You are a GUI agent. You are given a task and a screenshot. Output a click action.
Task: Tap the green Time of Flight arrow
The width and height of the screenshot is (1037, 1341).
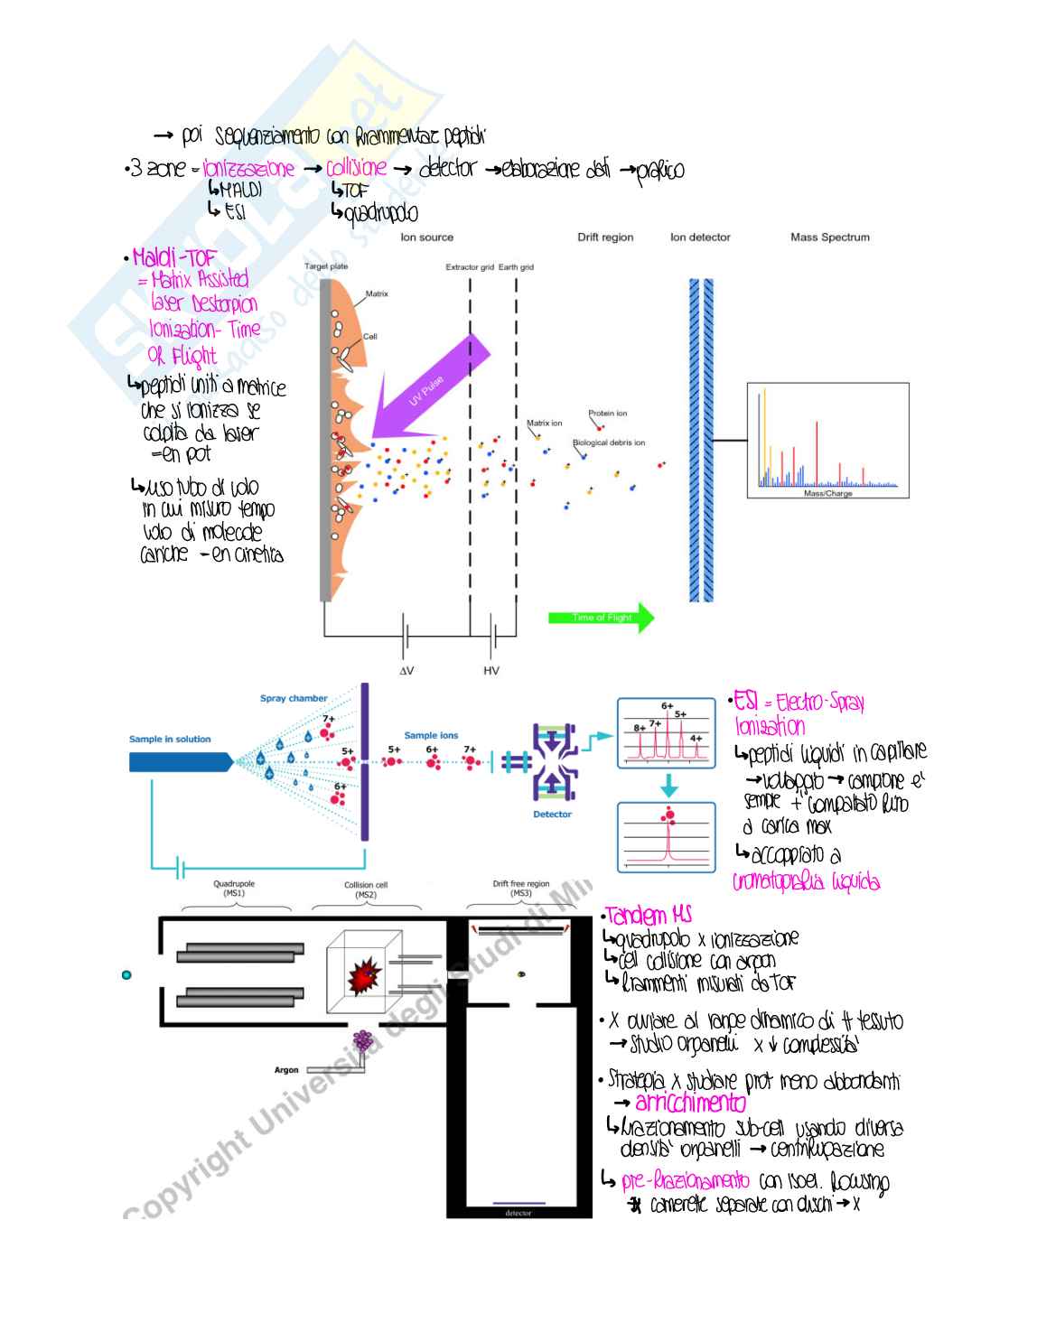point(601,618)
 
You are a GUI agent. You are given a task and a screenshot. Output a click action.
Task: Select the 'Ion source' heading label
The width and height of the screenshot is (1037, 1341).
point(426,237)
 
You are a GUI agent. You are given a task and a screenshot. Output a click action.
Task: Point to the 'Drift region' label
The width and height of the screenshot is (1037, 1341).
point(605,237)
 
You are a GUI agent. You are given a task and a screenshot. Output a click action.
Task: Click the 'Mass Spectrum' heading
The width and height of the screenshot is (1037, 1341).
point(829,237)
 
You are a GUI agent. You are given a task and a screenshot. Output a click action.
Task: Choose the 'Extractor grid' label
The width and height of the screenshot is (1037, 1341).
point(470,267)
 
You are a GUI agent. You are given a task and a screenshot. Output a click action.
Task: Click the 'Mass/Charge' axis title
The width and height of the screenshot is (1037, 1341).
point(827,494)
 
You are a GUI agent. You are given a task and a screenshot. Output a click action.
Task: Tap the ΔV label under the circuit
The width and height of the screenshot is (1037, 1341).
point(406,671)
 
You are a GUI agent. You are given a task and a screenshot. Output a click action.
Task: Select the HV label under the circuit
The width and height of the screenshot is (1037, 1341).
point(491,671)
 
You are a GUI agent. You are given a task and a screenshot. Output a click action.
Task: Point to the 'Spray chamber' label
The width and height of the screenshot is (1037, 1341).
point(294,698)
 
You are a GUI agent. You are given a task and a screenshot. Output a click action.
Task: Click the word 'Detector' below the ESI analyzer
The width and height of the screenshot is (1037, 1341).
point(552,815)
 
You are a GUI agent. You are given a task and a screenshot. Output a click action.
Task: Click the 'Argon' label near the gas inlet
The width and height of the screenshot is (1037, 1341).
point(286,1070)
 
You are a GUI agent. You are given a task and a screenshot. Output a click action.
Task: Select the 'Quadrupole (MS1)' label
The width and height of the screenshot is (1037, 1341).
point(234,889)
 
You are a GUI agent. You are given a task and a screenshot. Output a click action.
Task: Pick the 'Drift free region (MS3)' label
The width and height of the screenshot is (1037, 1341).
point(521,889)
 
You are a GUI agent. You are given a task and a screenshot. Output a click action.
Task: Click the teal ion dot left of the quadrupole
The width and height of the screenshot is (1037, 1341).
point(126,975)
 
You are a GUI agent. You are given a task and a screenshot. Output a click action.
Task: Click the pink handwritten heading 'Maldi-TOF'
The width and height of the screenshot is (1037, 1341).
point(175,258)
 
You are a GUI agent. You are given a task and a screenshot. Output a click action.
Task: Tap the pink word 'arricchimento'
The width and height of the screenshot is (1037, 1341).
point(691,1103)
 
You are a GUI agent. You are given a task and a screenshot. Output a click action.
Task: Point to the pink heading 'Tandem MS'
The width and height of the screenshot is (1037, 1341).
point(649,916)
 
